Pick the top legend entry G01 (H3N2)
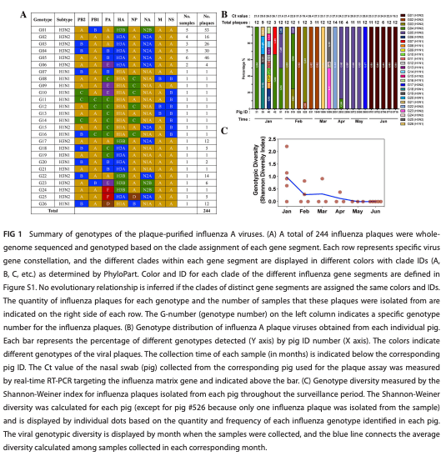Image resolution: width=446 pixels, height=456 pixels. (x=413, y=16)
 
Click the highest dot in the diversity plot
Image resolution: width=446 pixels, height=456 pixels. (x=287, y=146)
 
